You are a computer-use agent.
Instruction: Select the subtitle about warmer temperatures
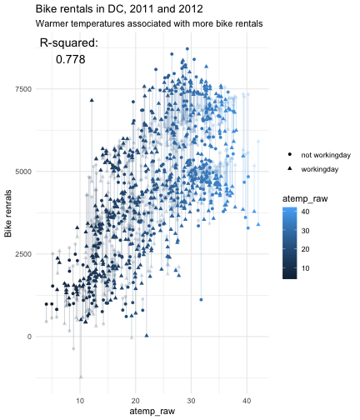pyautogui.click(x=149, y=23)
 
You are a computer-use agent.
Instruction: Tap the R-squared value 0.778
pyautogui.click(x=71, y=59)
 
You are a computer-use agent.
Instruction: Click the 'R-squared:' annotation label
pyautogui.click(x=69, y=43)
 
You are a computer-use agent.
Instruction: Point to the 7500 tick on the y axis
pyautogui.click(x=23, y=89)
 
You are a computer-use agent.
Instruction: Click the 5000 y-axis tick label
pyautogui.click(x=23, y=172)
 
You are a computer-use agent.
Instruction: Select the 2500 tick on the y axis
pyautogui.click(x=23, y=254)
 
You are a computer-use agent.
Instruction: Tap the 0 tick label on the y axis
pyautogui.click(x=29, y=337)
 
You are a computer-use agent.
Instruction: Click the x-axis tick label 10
pyautogui.click(x=80, y=401)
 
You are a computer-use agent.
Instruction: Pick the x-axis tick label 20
pyautogui.click(x=136, y=401)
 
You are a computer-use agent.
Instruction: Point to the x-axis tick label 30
pyautogui.click(x=191, y=401)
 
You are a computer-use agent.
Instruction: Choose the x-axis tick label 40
pyautogui.click(x=247, y=401)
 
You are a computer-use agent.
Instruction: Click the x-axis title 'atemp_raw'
pyautogui.click(x=152, y=412)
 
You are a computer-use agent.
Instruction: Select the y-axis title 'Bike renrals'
pyautogui.click(x=8, y=213)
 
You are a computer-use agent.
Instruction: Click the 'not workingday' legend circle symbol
pyautogui.click(x=290, y=154)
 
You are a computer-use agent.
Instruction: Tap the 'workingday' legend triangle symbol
pyautogui.click(x=290, y=168)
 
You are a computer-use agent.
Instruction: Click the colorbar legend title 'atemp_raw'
pyautogui.click(x=305, y=199)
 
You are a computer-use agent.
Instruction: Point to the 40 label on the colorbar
pyautogui.click(x=305, y=212)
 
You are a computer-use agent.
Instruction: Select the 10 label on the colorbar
pyautogui.click(x=305, y=268)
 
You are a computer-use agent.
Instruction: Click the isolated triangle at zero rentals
pyautogui.click(x=147, y=336)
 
